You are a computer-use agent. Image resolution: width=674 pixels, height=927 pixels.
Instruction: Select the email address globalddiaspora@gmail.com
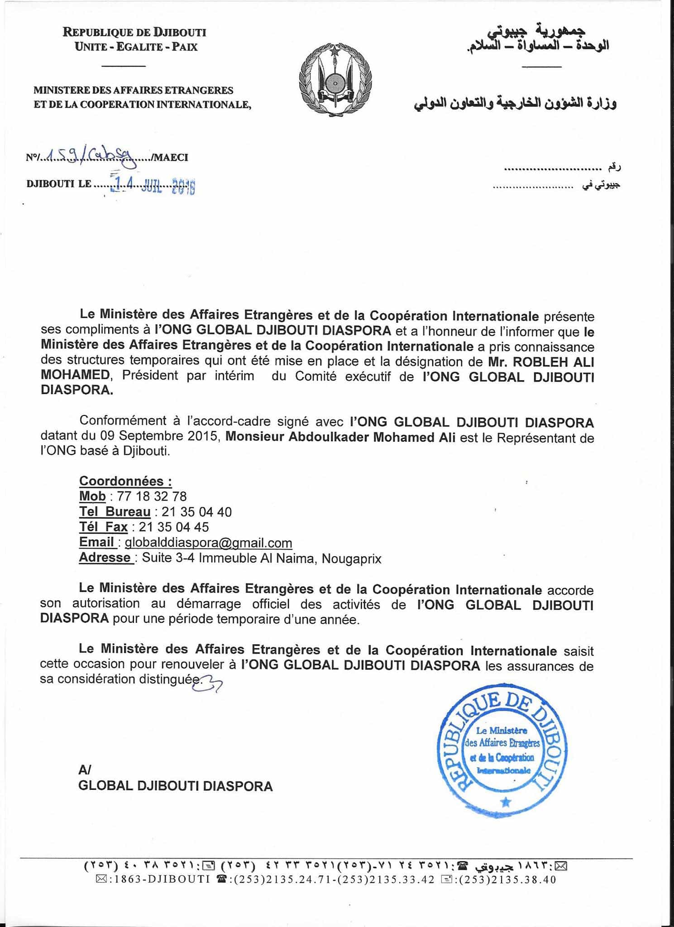click(208, 543)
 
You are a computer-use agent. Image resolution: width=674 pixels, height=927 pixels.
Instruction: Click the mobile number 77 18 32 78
click(152, 497)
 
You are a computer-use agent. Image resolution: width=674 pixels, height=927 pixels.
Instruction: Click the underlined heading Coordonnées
click(125, 481)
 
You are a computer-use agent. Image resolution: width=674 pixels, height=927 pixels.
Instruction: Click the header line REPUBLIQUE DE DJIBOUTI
click(134, 32)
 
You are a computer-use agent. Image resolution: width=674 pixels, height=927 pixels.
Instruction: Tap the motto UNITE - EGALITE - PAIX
click(136, 47)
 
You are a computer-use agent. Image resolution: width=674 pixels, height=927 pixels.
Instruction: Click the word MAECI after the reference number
click(171, 158)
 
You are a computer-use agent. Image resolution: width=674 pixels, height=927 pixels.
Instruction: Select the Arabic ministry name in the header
click(515, 104)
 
